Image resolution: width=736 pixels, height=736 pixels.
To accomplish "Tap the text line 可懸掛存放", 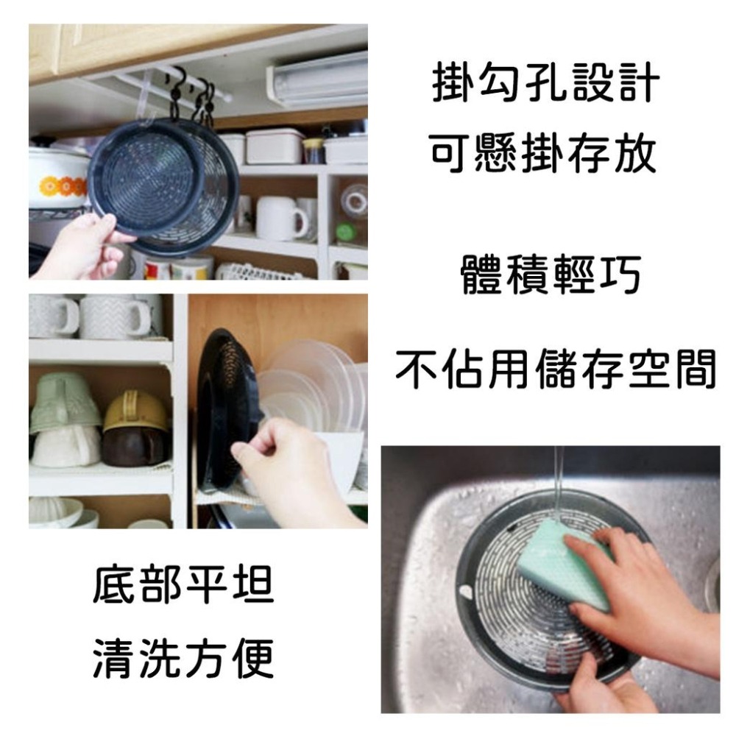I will click(x=542, y=157).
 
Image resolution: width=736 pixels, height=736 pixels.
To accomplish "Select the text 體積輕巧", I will click(x=551, y=276).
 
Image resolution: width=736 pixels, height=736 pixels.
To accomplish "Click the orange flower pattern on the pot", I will click(x=63, y=186).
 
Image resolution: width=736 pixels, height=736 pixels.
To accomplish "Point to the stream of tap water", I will click(x=559, y=486).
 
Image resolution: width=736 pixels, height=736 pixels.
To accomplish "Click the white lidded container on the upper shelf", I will click(x=273, y=146).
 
